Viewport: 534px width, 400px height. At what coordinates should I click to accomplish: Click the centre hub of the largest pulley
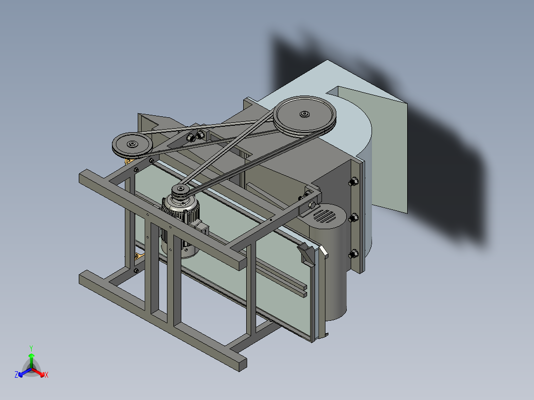pyautogui.click(x=304, y=114)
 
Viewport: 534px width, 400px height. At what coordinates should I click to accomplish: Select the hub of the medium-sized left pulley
pyautogui.click(x=132, y=144)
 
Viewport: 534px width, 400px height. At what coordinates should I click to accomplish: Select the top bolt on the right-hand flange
pyautogui.click(x=353, y=182)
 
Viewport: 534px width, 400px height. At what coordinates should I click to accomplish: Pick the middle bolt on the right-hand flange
pyautogui.click(x=353, y=218)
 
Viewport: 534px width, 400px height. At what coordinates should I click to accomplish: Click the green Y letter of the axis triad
pyautogui.click(x=31, y=348)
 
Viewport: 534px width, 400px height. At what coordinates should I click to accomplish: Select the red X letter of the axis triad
pyautogui.click(x=47, y=375)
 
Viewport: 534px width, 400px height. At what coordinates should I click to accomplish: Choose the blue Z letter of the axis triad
pyautogui.click(x=16, y=375)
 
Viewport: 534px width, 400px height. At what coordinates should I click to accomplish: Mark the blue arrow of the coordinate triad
pyautogui.click(x=22, y=372)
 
